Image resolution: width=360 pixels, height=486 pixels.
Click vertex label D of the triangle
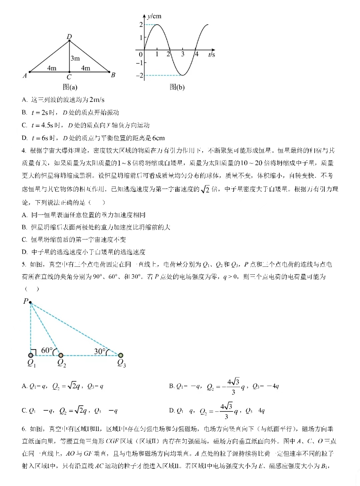pyautogui.click(x=69, y=36)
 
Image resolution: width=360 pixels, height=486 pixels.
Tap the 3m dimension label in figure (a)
pyautogui.click(x=75, y=58)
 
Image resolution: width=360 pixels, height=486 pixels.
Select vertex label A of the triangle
pyautogui.click(x=24, y=76)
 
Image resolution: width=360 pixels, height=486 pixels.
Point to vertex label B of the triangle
pyautogui.click(x=113, y=75)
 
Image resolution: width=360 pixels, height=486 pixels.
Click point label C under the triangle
pyautogui.click(x=69, y=77)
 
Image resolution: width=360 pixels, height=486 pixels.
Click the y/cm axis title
pyautogui.click(x=154, y=16)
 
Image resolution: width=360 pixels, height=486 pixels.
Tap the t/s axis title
pyautogui.click(x=212, y=54)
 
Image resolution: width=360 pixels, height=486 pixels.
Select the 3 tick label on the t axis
pyautogui.click(x=183, y=54)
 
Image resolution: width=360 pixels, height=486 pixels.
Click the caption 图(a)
pyautogui.click(x=70, y=87)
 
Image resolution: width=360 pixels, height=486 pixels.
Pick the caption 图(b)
pyautogui.click(x=177, y=87)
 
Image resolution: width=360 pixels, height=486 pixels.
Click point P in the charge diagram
pyautogui.click(x=30, y=302)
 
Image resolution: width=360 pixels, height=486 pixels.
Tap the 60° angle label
pyautogui.click(x=47, y=350)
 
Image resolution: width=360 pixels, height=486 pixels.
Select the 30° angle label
pyautogui.click(x=100, y=351)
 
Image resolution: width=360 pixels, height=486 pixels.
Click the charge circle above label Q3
pyautogui.click(x=121, y=355)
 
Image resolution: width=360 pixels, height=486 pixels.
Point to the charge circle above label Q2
pyautogui.click(x=61, y=355)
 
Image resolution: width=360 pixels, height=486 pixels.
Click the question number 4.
pyautogui.click(x=24, y=151)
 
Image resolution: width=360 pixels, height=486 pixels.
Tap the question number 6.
pyautogui.click(x=24, y=429)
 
